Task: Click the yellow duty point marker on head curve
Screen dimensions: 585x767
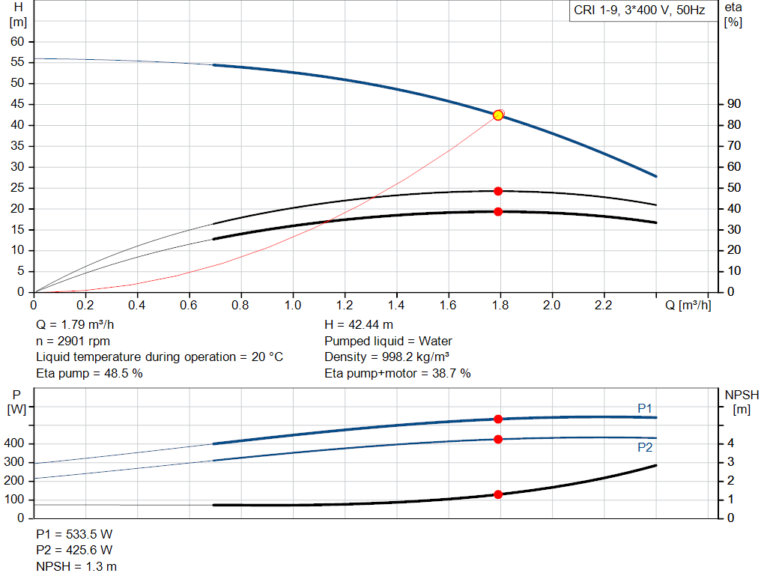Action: (x=498, y=115)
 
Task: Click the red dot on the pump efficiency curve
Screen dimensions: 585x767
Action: (x=498, y=191)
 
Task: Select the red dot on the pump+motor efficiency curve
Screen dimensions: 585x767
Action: (x=498, y=211)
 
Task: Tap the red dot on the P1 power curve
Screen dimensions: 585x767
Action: (x=498, y=419)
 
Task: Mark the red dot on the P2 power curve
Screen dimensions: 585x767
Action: (x=498, y=439)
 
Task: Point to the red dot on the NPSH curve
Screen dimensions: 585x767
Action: (x=498, y=494)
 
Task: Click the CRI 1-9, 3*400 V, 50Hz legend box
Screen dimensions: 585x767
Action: (x=639, y=11)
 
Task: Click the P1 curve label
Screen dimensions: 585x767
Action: (x=645, y=407)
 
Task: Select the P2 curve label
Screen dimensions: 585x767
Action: (x=645, y=447)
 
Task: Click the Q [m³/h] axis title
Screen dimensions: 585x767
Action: (x=688, y=305)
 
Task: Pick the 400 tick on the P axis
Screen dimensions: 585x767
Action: (x=16, y=443)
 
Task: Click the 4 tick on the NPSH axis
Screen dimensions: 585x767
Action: (x=730, y=443)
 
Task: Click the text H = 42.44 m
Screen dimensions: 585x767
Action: (x=358, y=325)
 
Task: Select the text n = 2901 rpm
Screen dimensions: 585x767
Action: (x=73, y=341)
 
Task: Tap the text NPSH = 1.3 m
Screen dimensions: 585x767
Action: (x=76, y=566)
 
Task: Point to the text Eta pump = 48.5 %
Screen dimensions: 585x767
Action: (x=89, y=372)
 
